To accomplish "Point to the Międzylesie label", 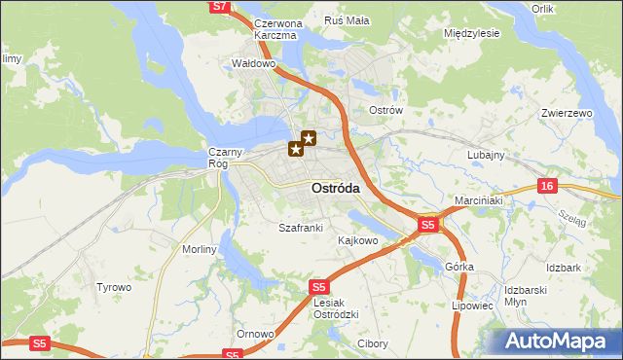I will point(471,32).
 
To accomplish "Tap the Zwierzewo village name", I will point(567,113).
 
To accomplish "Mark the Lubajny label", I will point(485,155).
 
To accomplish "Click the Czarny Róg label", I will point(218,158).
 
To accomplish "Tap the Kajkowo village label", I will point(357,239).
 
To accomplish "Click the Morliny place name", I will point(199,249).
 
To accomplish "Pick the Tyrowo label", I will point(113,287).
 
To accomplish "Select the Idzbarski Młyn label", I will point(531,296).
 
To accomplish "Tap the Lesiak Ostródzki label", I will point(338,307).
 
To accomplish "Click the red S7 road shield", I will point(220,6).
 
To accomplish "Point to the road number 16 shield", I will point(548,186).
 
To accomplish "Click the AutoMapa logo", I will point(559,342).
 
